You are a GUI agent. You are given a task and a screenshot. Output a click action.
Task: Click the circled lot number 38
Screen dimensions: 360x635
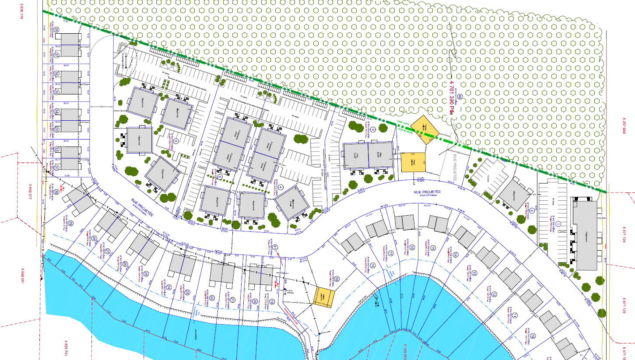(57, 30)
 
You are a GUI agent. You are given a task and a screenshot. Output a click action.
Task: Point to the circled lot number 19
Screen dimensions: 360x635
(272, 301)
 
